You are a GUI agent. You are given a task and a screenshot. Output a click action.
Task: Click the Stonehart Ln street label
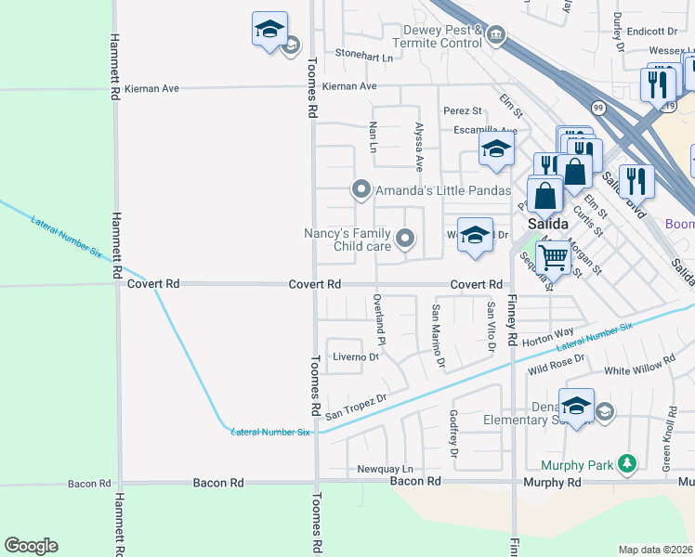pyautogui.click(x=364, y=56)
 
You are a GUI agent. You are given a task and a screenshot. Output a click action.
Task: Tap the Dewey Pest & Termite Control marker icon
pyautogui.click(x=496, y=36)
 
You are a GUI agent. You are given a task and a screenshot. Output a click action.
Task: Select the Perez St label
pyautogui.click(x=462, y=111)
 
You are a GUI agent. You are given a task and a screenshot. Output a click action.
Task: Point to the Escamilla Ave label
pyautogui.click(x=479, y=131)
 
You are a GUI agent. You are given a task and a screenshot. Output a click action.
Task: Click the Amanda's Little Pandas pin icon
pyautogui.click(x=361, y=189)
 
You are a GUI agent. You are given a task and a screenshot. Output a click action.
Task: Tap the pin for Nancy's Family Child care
pyautogui.click(x=404, y=240)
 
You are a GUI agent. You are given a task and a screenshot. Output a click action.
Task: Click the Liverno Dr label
pyautogui.click(x=357, y=356)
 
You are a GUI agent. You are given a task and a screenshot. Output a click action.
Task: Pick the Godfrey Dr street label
pyautogui.click(x=454, y=433)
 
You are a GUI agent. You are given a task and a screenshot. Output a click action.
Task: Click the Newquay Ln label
pyautogui.click(x=385, y=470)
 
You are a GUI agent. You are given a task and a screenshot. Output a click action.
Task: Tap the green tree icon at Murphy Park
pyautogui.click(x=628, y=462)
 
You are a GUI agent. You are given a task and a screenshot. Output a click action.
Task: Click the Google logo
pyautogui.click(x=31, y=546)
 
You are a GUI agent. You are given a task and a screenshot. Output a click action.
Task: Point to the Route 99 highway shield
pyautogui.click(x=597, y=108)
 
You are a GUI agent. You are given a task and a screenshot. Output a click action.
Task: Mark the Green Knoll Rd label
pyautogui.click(x=666, y=434)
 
